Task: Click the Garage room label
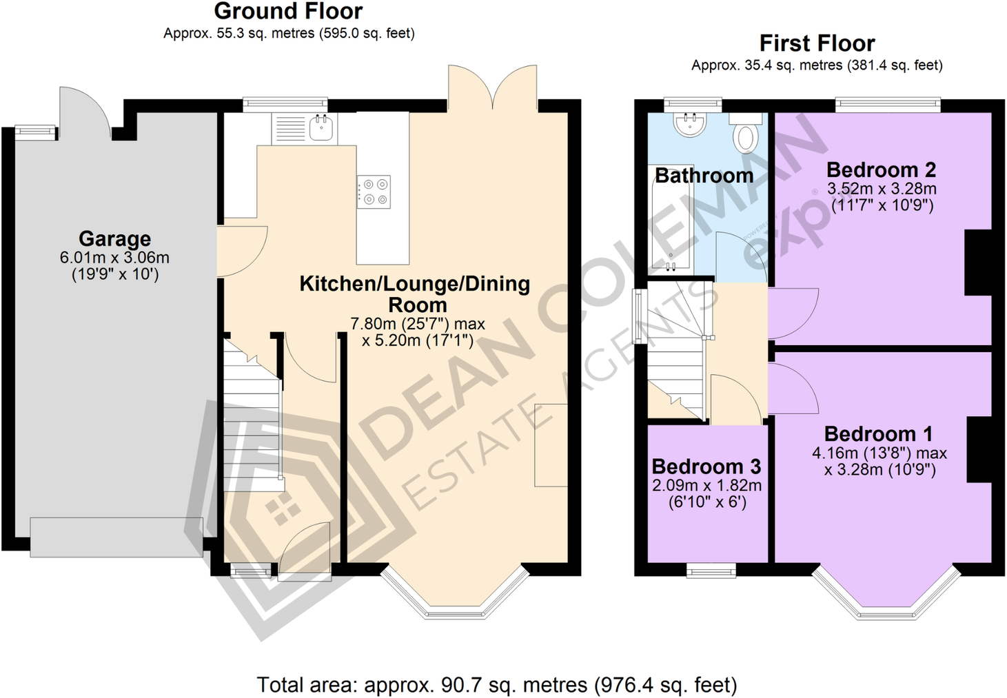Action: [x=114, y=238]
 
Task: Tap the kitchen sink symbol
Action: [x=322, y=127]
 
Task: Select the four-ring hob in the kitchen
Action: [x=374, y=192]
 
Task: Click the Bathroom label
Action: [x=704, y=176]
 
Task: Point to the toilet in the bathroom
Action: [x=746, y=136]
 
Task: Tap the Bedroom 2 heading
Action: [x=881, y=170]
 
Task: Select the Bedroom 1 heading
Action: [x=878, y=434]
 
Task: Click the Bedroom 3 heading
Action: [x=706, y=466]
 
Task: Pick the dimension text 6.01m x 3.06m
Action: [x=114, y=258]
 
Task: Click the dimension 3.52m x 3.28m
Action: [x=882, y=189]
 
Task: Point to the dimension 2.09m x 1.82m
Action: [x=706, y=485]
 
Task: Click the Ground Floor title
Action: [x=288, y=12]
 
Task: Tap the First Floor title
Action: [x=817, y=43]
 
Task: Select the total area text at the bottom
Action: [x=496, y=685]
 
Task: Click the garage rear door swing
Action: [x=83, y=110]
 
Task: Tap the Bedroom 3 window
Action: [x=711, y=570]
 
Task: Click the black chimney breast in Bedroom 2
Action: [x=978, y=263]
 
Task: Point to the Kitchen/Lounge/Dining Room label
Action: [x=415, y=294]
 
